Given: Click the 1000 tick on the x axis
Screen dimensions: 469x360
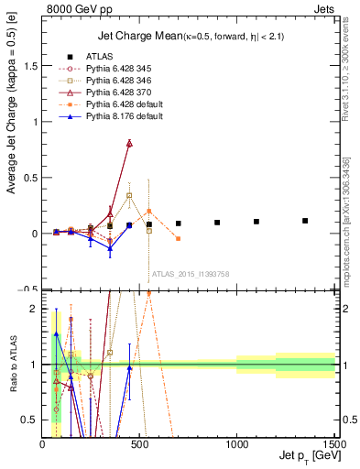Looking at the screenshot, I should click(236, 445).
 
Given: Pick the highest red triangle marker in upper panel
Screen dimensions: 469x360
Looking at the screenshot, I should click(129, 143).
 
